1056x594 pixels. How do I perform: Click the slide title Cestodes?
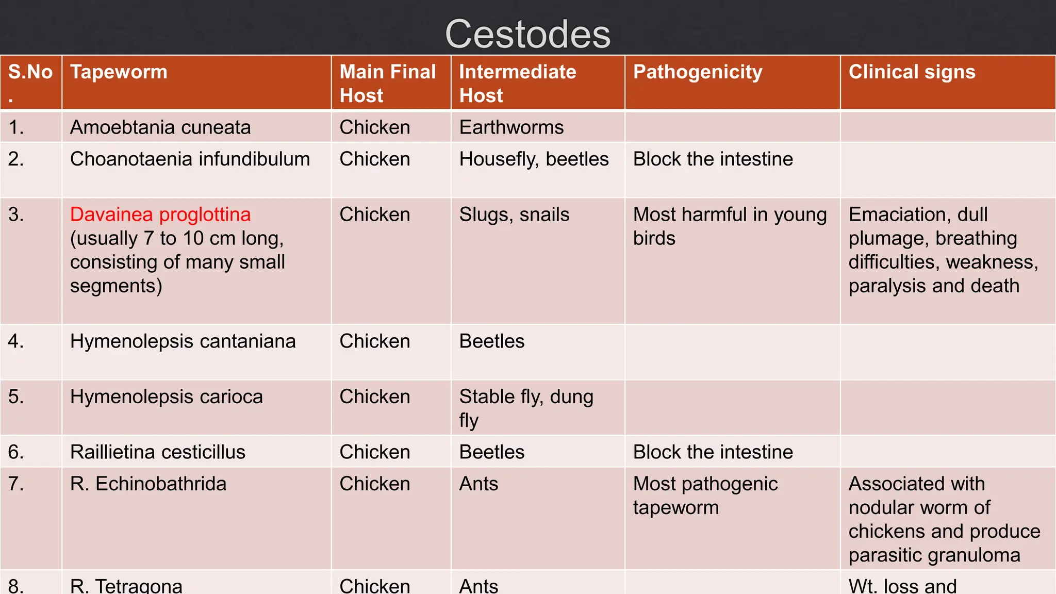click(527, 34)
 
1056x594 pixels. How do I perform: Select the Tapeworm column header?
click(119, 72)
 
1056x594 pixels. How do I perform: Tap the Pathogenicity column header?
click(697, 72)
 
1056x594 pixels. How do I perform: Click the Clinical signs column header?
click(912, 72)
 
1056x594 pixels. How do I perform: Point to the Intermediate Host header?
click(517, 84)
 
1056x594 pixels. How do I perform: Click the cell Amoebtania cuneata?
click(160, 127)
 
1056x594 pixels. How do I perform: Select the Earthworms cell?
click(511, 127)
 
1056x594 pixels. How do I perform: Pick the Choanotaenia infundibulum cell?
click(190, 159)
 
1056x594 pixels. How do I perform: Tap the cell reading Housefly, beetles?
click(534, 159)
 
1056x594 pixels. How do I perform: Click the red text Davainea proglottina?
click(160, 214)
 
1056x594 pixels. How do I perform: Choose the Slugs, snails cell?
click(514, 214)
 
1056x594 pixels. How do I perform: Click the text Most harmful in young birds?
click(729, 226)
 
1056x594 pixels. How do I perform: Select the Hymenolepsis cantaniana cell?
click(183, 341)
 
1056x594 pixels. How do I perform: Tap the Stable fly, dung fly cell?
click(526, 408)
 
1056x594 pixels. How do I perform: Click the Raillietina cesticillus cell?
click(157, 452)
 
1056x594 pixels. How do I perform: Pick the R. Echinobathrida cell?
click(148, 484)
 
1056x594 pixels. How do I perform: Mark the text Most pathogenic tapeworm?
click(705, 496)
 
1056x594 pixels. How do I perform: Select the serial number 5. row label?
click(16, 397)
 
